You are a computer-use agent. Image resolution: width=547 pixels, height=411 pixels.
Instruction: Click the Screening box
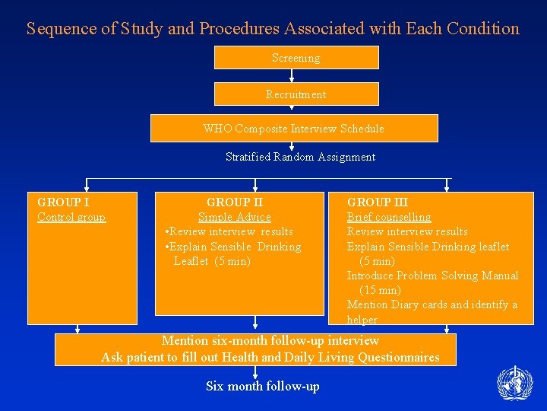point(296,58)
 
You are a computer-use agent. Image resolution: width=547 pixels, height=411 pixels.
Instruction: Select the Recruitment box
point(296,94)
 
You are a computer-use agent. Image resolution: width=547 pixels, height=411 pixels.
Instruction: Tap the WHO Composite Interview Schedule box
point(294,129)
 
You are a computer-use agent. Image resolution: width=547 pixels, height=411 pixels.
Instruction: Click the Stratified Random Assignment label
point(300,157)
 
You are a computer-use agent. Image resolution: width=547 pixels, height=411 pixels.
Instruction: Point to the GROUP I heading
point(63,202)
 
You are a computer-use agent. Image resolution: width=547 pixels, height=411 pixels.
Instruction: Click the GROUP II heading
point(235,202)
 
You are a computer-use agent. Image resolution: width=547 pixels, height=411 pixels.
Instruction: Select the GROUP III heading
point(378,202)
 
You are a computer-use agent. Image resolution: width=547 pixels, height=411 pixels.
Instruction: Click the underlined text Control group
point(71,218)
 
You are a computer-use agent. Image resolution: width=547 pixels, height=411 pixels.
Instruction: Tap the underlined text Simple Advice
point(234,218)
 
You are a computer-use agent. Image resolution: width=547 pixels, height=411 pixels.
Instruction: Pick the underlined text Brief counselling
point(389,218)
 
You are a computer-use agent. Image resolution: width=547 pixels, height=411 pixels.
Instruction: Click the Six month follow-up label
point(262,387)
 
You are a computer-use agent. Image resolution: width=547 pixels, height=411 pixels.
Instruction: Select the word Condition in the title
point(483,29)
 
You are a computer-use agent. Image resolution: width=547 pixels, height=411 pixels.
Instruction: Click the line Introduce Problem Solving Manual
point(432,276)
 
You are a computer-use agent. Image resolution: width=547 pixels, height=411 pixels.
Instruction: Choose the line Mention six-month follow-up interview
point(270,341)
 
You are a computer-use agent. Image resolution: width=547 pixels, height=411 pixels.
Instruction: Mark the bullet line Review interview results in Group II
point(229,232)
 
